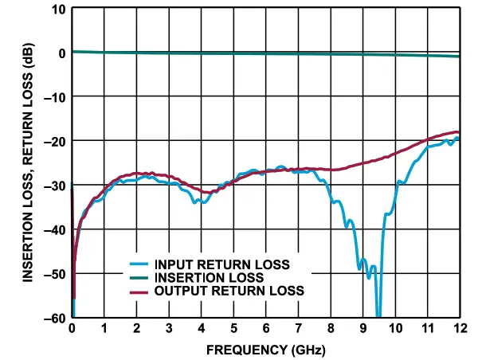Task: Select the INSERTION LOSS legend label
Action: coord(209,278)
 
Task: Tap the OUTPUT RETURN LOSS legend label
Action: coord(229,292)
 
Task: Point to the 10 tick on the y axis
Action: coord(58,10)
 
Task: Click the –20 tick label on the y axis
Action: coord(55,141)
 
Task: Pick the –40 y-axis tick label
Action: coord(55,229)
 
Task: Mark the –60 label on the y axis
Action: coord(55,317)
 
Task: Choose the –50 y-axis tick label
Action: coord(55,273)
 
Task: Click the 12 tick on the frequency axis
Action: coord(459,329)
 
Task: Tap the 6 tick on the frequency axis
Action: coord(266,329)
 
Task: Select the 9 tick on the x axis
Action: coord(362,329)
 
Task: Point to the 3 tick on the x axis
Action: coord(169,329)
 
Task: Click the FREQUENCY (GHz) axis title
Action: coord(265,349)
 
